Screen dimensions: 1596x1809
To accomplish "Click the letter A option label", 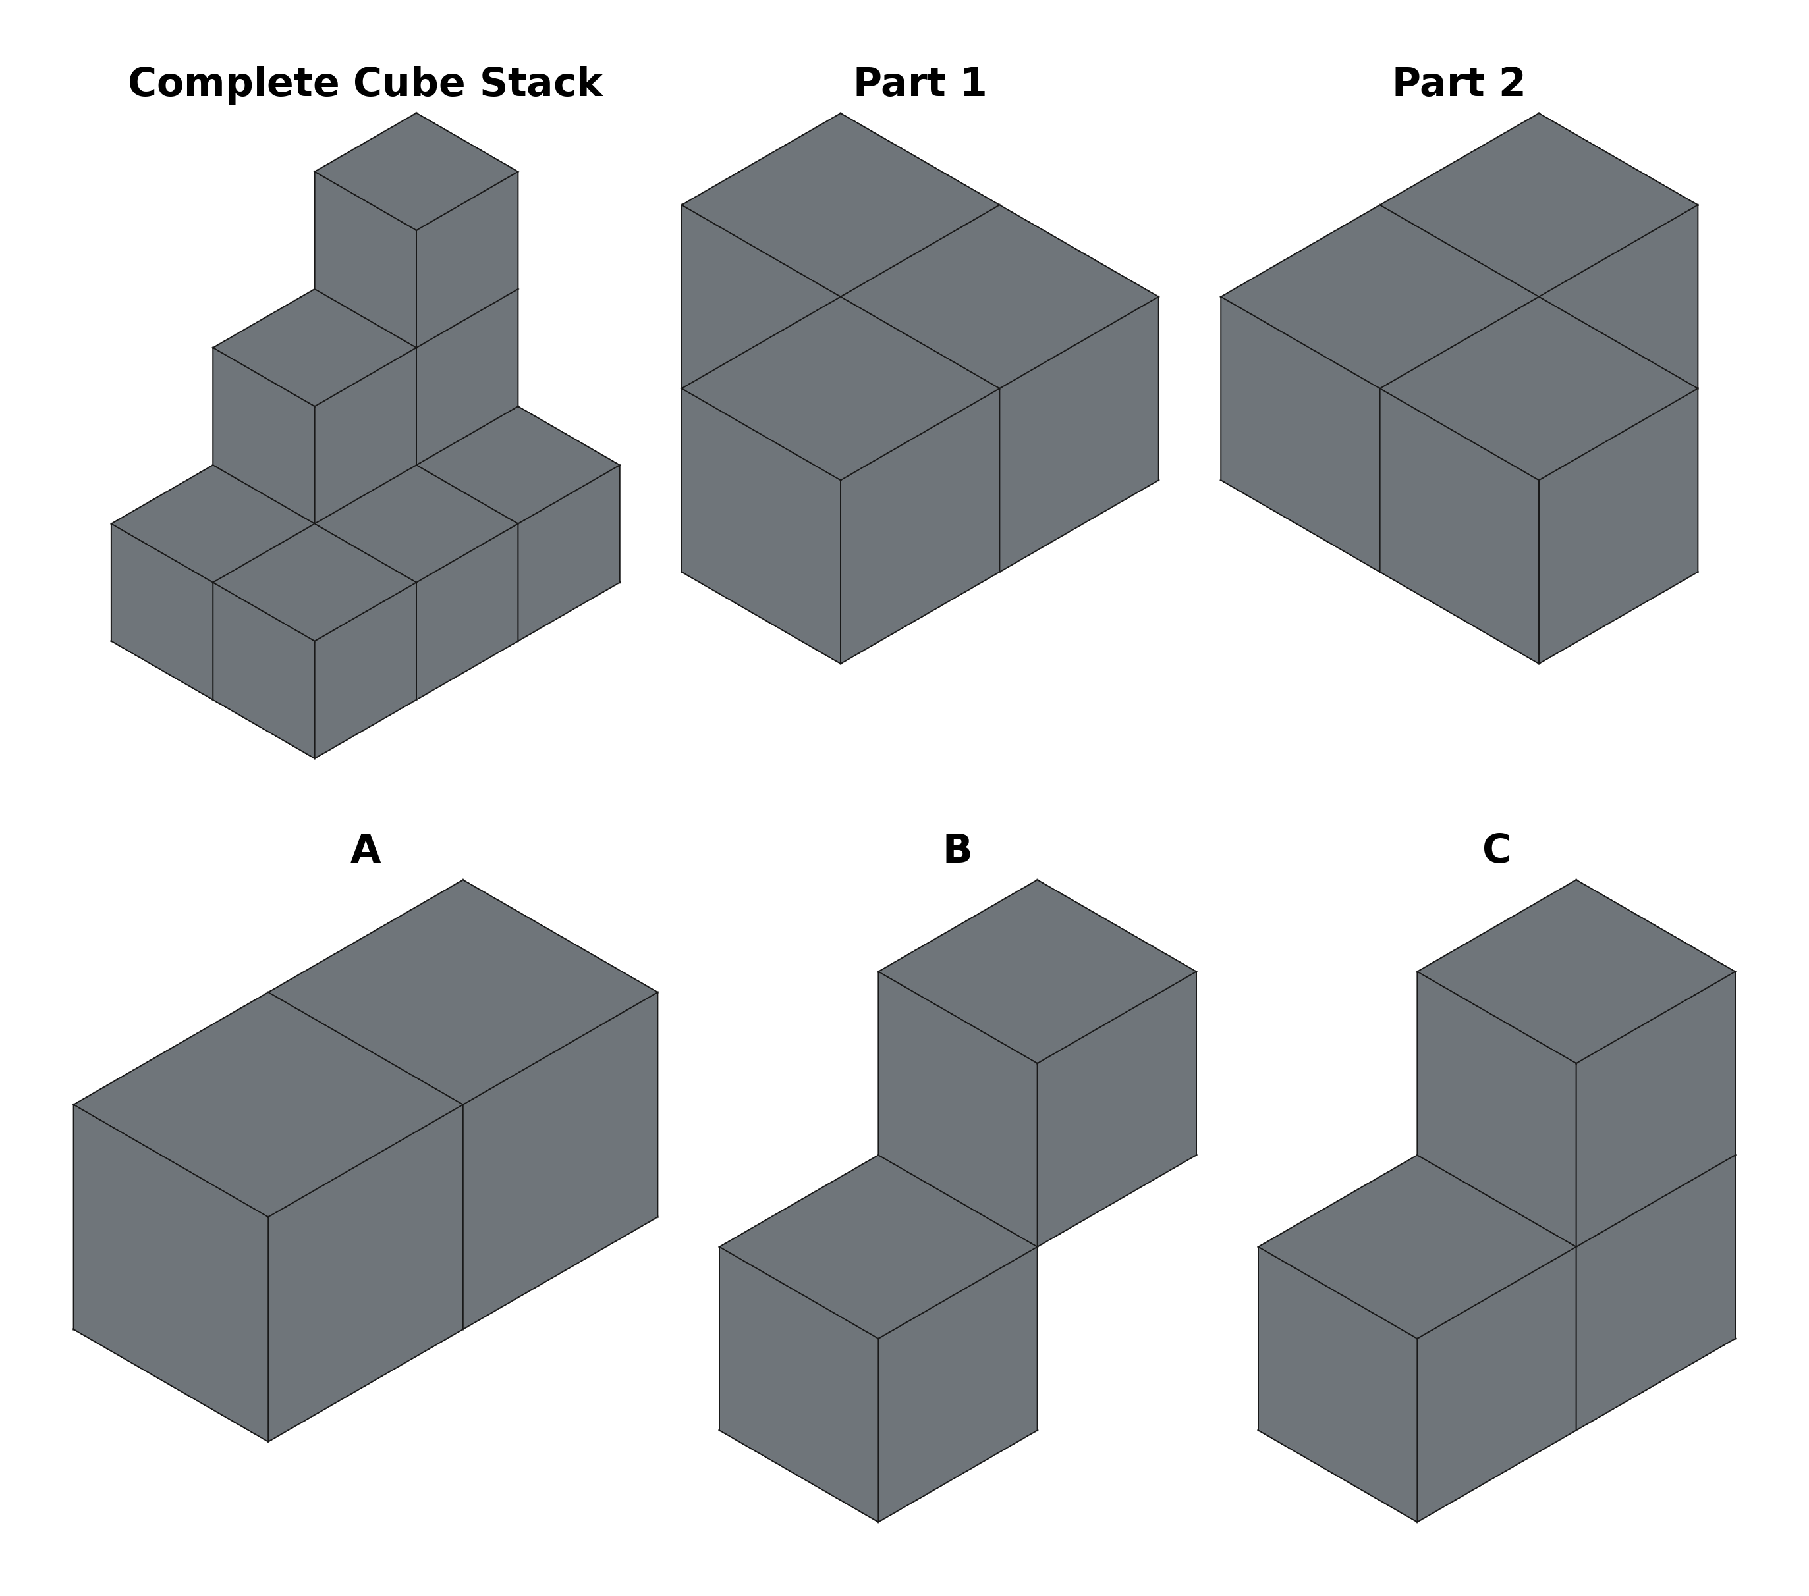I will [x=366, y=850].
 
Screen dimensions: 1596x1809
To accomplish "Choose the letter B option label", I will [x=958, y=850].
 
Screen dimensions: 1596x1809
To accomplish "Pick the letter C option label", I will [x=1497, y=850].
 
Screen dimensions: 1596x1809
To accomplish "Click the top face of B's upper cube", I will [x=1038, y=971].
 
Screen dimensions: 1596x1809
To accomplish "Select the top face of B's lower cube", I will [x=878, y=1246].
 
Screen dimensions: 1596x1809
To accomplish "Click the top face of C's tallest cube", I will [x=1576, y=971].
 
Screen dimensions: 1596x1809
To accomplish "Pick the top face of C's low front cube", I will [x=1417, y=1246].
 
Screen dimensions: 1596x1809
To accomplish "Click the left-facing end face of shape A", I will [x=171, y=1273].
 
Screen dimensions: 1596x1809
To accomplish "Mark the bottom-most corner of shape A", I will [x=268, y=1442].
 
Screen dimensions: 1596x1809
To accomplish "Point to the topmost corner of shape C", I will [x=1576, y=880].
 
